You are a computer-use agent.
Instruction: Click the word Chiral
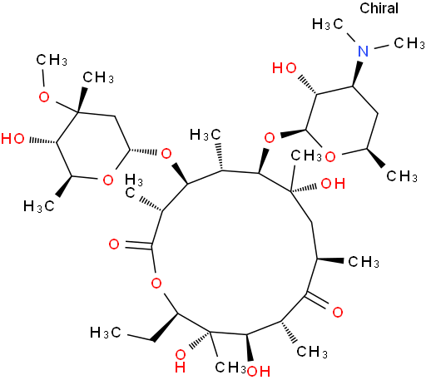(x=379, y=8)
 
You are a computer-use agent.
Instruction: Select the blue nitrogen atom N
(x=363, y=51)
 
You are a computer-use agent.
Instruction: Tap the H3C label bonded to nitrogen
(x=328, y=24)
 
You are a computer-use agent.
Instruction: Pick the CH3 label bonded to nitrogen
(x=409, y=43)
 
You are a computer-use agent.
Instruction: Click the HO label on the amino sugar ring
(x=285, y=68)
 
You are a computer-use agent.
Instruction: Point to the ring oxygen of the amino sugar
(x=330, y=157)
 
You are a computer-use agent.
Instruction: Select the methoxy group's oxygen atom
(x=44, y=97)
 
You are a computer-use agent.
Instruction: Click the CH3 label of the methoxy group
(x=52, y=60)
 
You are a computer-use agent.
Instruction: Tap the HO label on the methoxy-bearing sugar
(x=12, y=138)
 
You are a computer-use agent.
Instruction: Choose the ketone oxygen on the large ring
(x=338, y=313)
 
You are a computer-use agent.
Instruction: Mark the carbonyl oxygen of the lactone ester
(x=114, y=244)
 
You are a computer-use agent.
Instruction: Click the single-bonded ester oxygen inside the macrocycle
(x=156, y=284)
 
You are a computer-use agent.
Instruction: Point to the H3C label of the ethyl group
(x=106, y=333)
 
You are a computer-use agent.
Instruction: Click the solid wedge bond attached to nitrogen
(x=357, y=73)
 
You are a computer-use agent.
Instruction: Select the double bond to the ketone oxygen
(x=317, y=300)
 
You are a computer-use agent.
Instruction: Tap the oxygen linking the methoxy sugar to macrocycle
(x=166, y=153)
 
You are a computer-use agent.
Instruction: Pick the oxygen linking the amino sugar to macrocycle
(x=270, y=137)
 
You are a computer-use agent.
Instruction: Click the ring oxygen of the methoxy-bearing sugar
(x=108, y=180)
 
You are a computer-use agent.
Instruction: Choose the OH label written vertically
(x=181, y=362)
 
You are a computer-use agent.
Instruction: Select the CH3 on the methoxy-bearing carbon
(x=98, y=77)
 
